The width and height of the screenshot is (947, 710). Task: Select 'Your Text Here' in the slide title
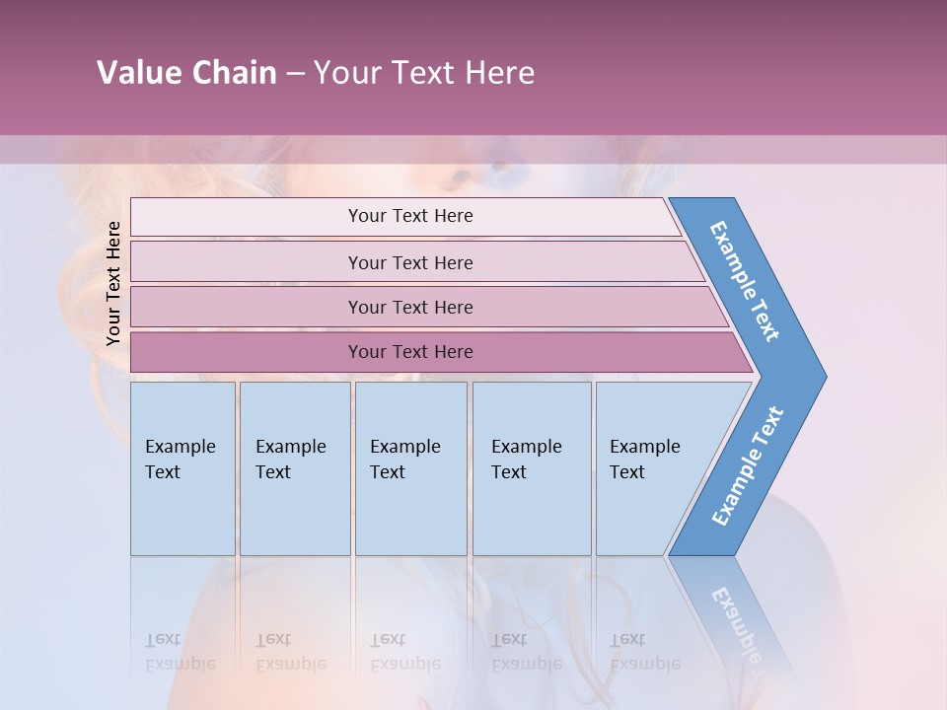424,73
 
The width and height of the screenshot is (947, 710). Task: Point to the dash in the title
295,74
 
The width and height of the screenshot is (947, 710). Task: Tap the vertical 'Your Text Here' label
113,283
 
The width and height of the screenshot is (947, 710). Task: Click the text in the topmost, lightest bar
410,216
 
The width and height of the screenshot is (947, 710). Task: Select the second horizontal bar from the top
410,262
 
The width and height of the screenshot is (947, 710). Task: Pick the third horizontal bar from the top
410,307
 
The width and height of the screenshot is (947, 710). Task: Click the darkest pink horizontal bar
410,352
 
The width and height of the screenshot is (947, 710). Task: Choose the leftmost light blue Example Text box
182,468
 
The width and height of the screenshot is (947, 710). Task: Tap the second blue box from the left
295,468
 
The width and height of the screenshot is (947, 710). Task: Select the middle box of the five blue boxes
410,468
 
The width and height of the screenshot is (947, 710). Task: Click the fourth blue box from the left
532,468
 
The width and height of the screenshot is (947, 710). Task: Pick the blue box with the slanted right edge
651,468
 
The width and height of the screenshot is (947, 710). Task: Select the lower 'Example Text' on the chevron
748,466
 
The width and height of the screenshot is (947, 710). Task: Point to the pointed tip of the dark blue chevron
825,376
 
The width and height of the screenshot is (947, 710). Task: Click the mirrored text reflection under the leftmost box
181,652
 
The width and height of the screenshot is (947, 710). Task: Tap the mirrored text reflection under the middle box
405,652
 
